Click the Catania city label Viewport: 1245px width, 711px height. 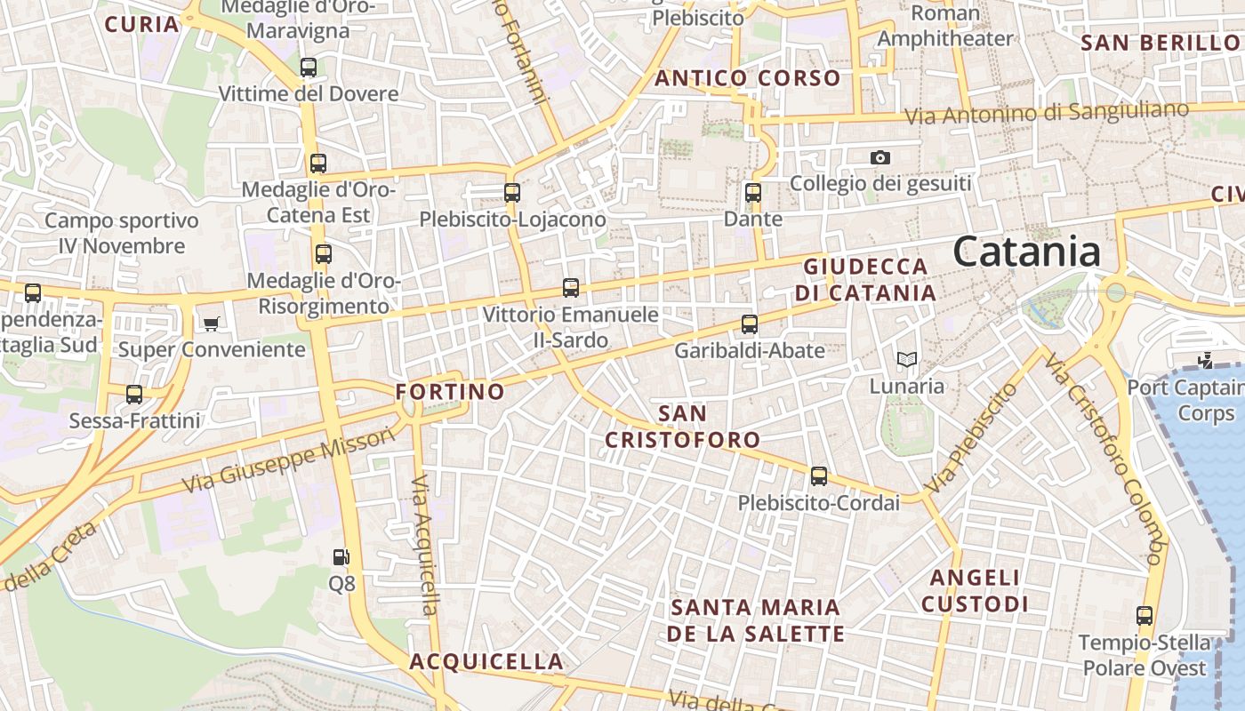coord(1027,252)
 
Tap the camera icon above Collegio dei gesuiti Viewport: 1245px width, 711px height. coord(880,157)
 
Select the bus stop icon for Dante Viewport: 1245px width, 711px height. coord(753,192)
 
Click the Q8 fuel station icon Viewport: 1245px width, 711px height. coord(341,557)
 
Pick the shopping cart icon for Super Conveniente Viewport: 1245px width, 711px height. coord(211,324)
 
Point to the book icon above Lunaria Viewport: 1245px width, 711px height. coord(906,359)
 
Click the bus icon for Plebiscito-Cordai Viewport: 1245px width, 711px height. coord(819,476)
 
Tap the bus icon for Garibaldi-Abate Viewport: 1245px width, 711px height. coord(750,324)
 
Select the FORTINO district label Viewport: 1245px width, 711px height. coord(450,391)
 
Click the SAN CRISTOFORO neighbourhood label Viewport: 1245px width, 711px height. coord(683,427)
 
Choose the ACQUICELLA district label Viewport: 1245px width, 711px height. coord(486,661)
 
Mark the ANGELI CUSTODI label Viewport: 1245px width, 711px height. coord(975,591)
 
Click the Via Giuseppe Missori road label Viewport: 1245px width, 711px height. coord(288,460)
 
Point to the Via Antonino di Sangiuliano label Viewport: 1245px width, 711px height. coord(1046,113)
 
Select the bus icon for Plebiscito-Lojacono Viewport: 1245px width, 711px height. coord(511,192)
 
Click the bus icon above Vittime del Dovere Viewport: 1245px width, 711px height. coord(309,67)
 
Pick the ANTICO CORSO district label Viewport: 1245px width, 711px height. coord(748,78)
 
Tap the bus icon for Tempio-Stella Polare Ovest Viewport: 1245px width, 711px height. coord(1145,615)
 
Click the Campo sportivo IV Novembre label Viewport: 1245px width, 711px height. coord(122,233)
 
